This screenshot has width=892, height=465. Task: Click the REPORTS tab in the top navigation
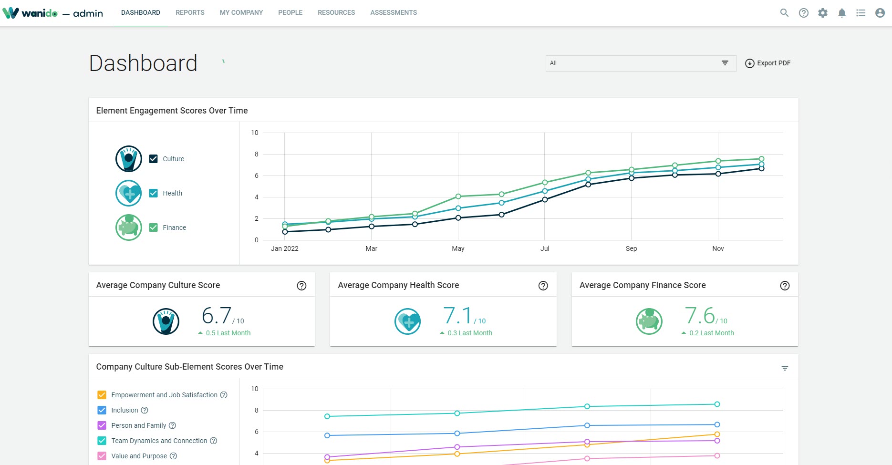click(x=190, y=13)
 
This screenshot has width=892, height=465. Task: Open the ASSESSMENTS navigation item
click(x=394, y=13)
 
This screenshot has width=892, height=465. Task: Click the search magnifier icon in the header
click(x=784, y=13)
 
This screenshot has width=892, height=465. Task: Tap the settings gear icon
click(x=823, y=13)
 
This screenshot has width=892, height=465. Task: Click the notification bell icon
click(x=842, y=13)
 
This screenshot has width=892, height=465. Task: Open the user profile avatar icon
click(x=880, y=13)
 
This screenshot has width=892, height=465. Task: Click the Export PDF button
click(x=768, y=63)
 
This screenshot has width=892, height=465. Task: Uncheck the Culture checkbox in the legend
click(x=153, y=159)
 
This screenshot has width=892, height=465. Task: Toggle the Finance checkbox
click(x=153, y=227)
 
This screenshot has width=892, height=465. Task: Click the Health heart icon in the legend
click(x=129, y=193)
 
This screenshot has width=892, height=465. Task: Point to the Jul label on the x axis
click(x=545, y=248)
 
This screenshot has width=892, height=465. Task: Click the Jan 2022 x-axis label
click(x=285, y=248)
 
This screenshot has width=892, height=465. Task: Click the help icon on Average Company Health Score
click(x=543, y=286)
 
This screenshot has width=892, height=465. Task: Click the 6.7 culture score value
click(x=217, y=316)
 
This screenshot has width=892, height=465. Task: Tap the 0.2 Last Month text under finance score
click(x=711, y=333)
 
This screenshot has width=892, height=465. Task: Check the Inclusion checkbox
click(x=102, y=410)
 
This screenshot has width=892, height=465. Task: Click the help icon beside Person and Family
click(x=173, y=425)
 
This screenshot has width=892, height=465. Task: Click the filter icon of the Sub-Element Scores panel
click(x=785, y=368)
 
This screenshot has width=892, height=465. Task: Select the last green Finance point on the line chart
click(x=761, y=159)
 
